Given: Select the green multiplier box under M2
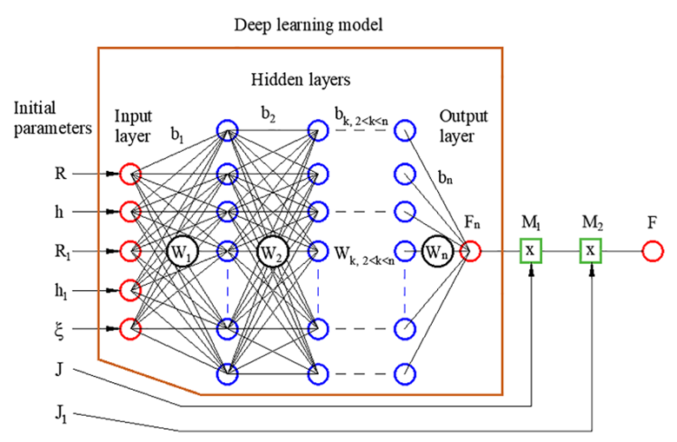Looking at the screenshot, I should pyautogui.click(x=591, y=252).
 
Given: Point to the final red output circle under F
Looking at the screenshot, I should pyautogui.click(x=653, y=252).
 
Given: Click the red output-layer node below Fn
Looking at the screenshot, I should pyautogui.click(x=471, y=252).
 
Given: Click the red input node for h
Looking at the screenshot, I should pyautogui.click(x=129, y=211).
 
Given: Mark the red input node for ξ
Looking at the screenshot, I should pyautogui.click(x=129, y=329).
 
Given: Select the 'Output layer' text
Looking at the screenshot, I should pyautogui.click(x=463, y=127).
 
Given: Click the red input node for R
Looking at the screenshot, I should pyautogui.click(x=129, y=174).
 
